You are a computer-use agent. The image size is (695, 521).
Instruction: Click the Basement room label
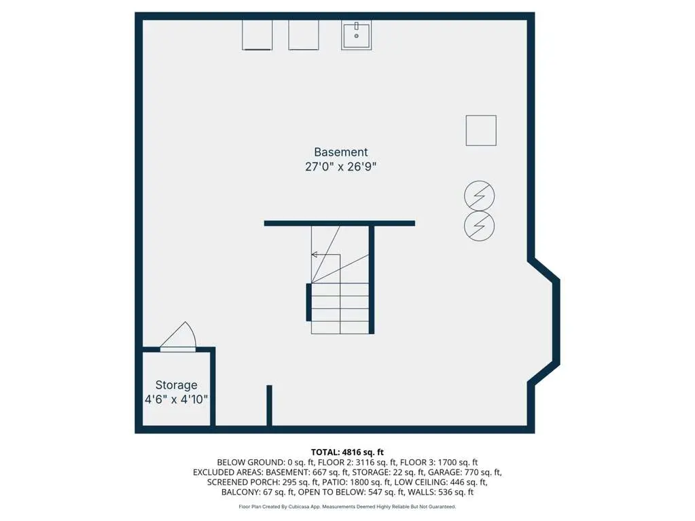click(x=341, y=152)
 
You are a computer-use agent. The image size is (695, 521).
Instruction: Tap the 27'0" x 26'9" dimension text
click(x=341, y=166)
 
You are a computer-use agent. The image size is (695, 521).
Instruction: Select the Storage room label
click(x=176, y=385)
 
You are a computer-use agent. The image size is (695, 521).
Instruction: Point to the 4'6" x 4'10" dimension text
click(x=176, y=399)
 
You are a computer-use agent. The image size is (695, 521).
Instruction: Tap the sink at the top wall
click(x=357, y=35)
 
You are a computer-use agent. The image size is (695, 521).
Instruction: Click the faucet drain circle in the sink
click(x=357, y=36)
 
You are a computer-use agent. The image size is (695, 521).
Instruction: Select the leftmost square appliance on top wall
click(x=257, y=35)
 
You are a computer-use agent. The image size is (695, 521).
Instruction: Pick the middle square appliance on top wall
click(x=304, y=35)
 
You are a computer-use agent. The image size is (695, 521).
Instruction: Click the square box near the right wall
click(x=481, y=130)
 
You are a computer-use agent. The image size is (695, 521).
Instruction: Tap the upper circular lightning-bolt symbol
click(x=479, y=196)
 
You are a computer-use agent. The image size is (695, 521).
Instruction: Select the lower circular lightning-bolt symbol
click(x=479, y=226)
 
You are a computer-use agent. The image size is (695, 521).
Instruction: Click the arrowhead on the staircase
click(x=315, y=255)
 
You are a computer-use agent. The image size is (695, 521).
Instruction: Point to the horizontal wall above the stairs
click(x=340, y=223)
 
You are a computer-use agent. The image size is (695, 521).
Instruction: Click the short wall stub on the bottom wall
click(x=269, y=406)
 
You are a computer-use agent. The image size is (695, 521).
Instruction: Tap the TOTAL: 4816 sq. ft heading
click(x=347, y=452)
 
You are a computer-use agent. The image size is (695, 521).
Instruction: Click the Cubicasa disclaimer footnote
click(x=347, y=506)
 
